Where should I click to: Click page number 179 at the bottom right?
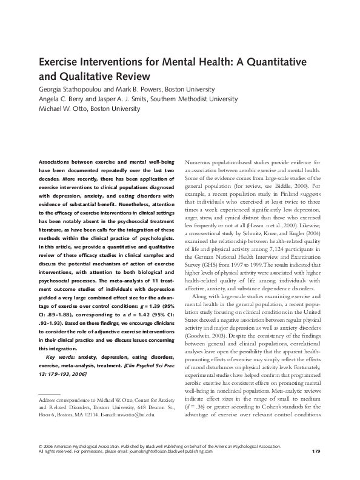coord(315,468)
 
